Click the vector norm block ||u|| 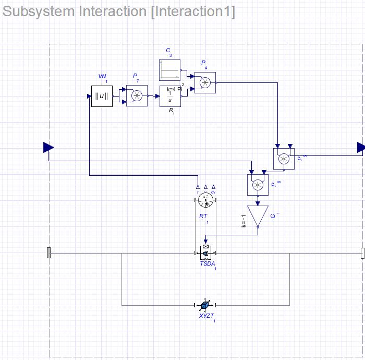(x=102, y=96)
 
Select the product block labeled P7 (x=137, y=96)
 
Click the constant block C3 (x=169, y=70)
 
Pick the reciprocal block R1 (x=169, y=97)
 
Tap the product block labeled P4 (x=205, y=82)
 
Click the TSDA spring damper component (x=205, y=253)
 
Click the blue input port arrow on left (x=48, y=148)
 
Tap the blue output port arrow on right (x=361, y=148)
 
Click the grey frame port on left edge (x=49, y=253)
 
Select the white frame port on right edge (x=362, y=253)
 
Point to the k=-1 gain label (x=244, y=221)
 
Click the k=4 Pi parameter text (x=174, y=89)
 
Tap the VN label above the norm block (x=102, y=77)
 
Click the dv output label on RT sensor (x=213, y=193)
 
